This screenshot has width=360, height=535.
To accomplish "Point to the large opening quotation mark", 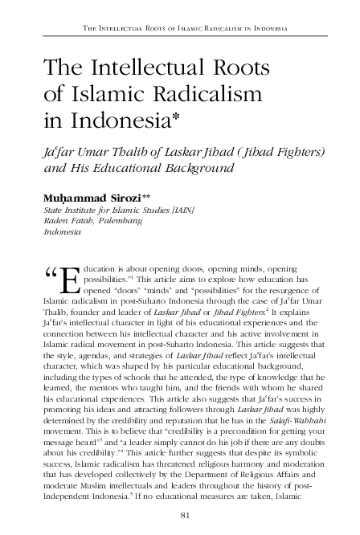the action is pyautogui.click(x=49, y=277).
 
